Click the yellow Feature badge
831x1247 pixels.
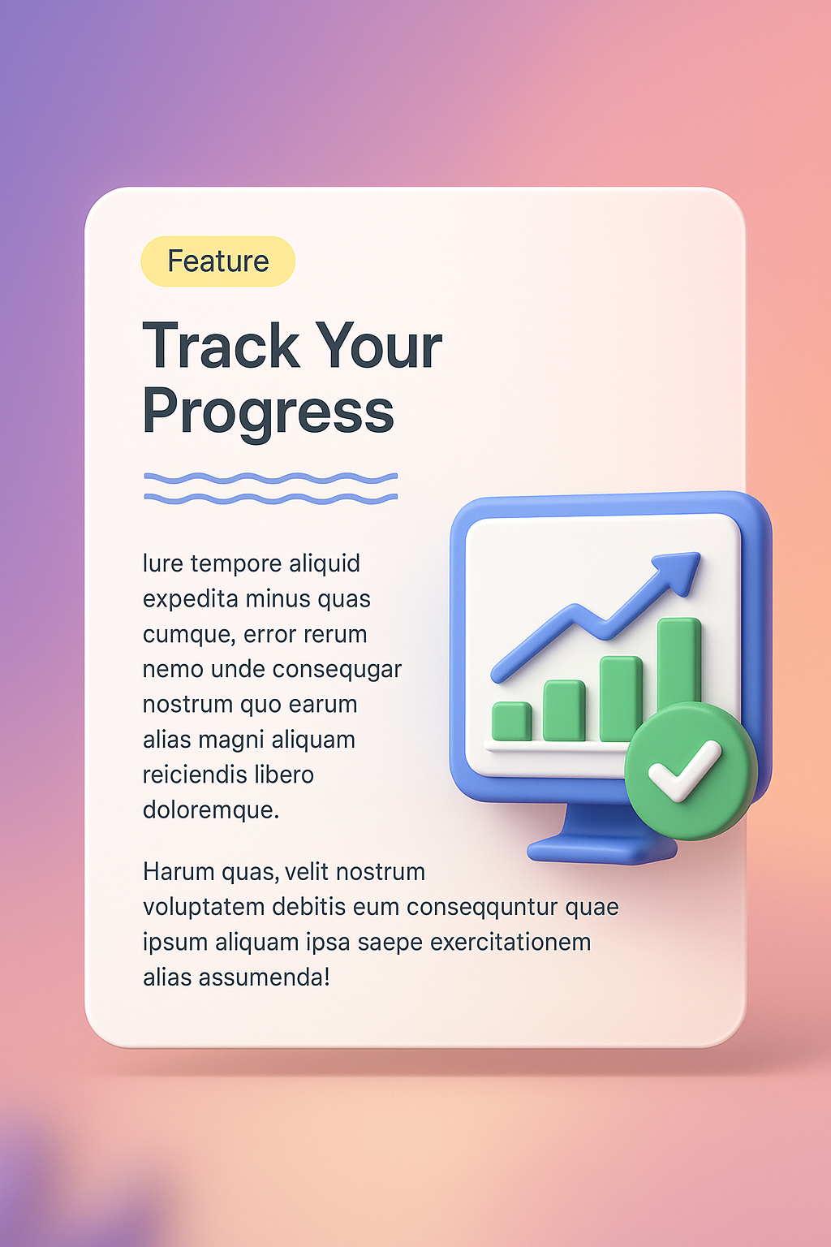[217, 261]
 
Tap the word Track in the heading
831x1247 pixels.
[221, 347]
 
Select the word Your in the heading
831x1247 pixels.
[378, 347]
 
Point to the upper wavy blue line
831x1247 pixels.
[270, 478]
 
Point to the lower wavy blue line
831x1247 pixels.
[270, 498]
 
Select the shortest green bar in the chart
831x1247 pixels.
[511, 721]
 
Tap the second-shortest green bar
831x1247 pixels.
[564, 710]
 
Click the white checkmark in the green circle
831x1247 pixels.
[685, 770]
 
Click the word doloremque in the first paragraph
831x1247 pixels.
[210, 809]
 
